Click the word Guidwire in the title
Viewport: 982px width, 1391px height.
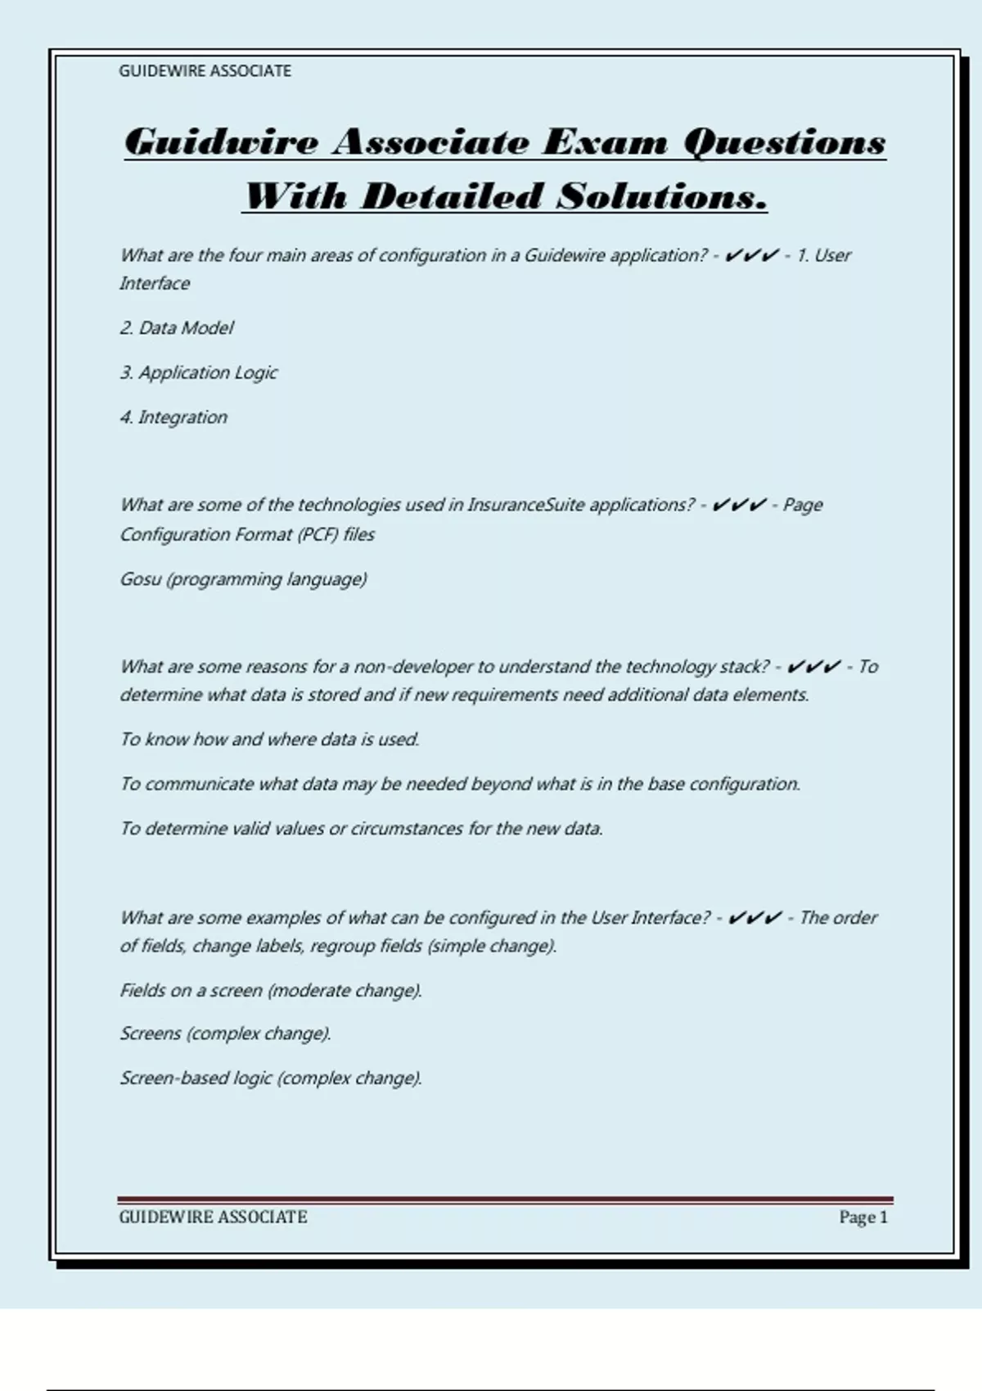[221, 142]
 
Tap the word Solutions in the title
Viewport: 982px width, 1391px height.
[662, 196]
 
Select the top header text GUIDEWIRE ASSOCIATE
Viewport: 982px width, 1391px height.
[205, 71]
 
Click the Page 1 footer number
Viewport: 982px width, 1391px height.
[863, 1218]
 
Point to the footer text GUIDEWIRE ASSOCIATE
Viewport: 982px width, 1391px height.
[213, 1218]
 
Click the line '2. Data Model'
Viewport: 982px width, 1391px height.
[176, 328]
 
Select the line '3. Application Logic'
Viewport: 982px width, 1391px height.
[198, 373]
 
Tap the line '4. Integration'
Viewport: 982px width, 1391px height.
[173, 417]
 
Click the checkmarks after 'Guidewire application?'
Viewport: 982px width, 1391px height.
[751, 256]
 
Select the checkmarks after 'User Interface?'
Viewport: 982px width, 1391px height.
[754, 918]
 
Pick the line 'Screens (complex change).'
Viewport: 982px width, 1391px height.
[225, 1034]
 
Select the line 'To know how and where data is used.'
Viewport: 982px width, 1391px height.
[269, 740]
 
